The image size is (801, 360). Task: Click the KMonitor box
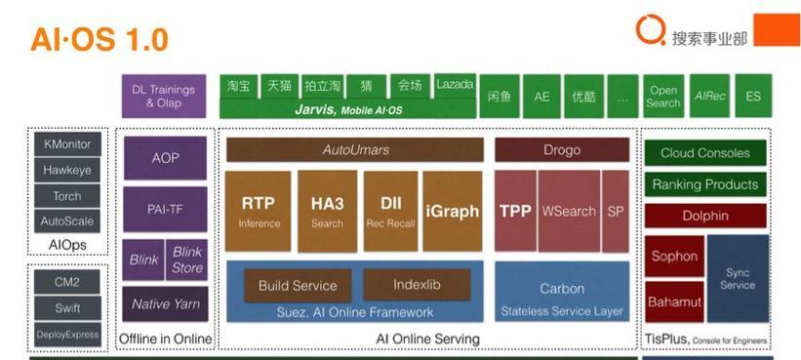click(x=67, y=144)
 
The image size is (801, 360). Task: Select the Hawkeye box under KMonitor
click(x=67, y=170)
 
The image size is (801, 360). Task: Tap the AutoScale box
click(x=67, y=221)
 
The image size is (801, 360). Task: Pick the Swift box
click(x=67, y=308)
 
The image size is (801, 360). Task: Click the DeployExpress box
click(x=67, y=335)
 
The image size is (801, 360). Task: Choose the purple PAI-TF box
click(x=165, y=209)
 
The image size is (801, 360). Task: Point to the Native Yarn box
click(x=165, y=303)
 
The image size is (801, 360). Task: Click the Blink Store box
click(x=186, y=260)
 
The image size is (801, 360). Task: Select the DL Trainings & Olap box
click(x=164, y=96)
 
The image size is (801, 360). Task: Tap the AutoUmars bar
click(x=355, y=149)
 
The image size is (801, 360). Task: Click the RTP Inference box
click(x=258, y=211)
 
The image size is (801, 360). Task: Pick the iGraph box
click(x=453, y=211)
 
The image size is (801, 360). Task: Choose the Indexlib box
click(x=417, y=285)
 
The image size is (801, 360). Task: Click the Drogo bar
click(x=562, y=149)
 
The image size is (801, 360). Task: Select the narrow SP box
click(x=616, y=211)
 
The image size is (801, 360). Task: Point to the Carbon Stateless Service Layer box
click(x=562, y=292)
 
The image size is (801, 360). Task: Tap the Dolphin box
click(x=705, y=216)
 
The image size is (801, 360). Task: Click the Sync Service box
click(x=738, y=279)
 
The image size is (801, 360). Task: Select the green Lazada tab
click(x=455, y=85)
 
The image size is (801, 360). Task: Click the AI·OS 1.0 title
click(x=100, y=39)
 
